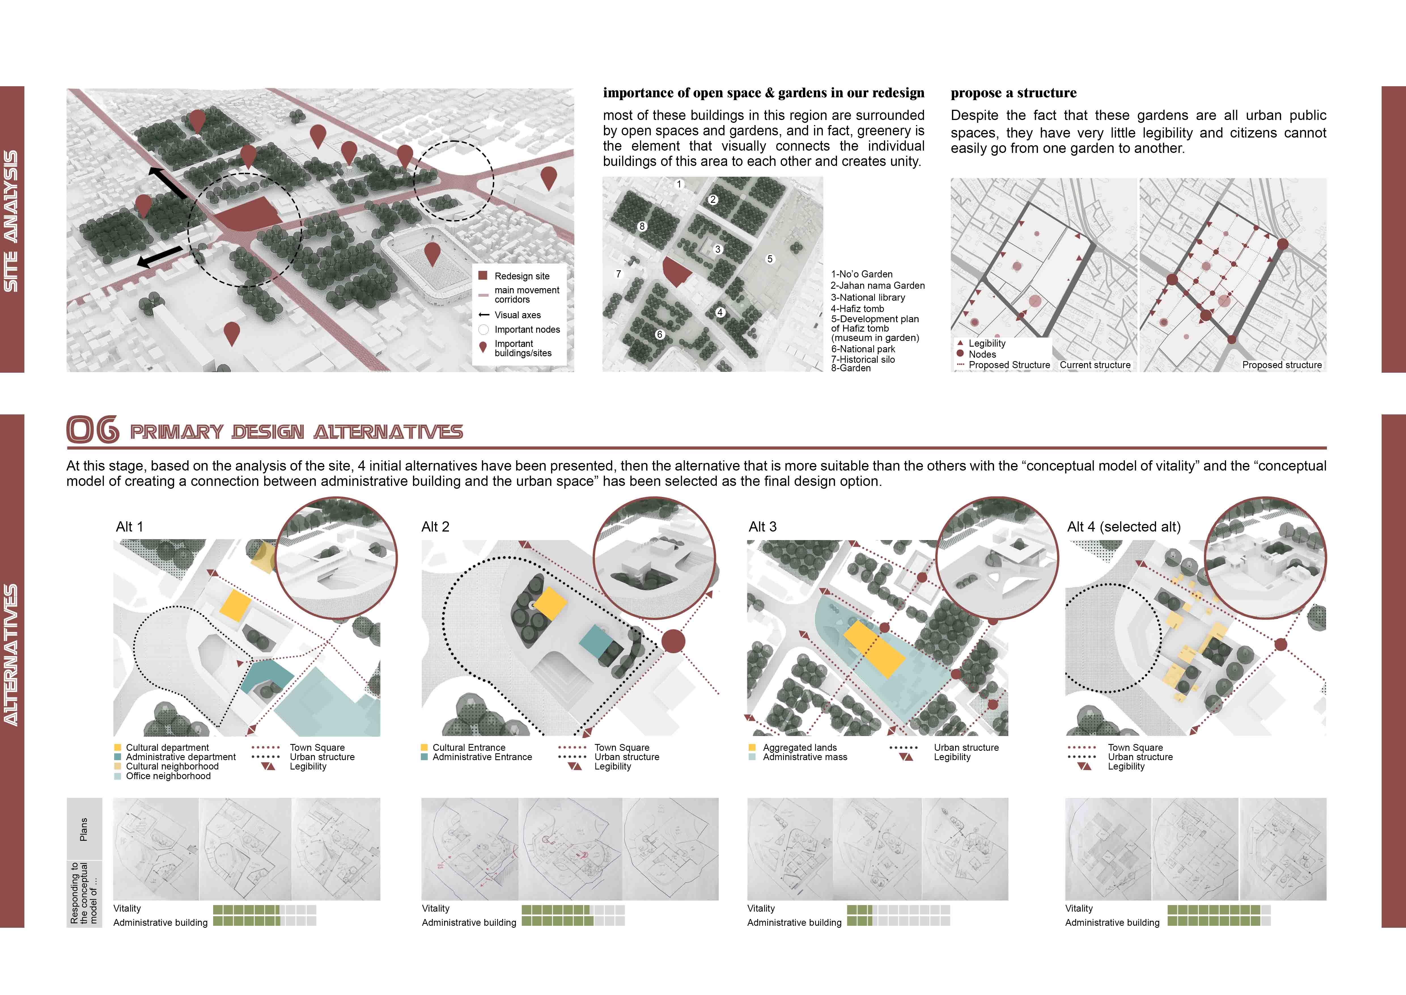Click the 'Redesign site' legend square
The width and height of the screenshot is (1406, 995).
click(483, 276)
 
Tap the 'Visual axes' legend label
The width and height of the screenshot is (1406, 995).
click(518, 315)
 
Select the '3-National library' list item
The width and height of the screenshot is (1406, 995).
click(868, 297)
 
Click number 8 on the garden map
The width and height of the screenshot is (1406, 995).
click(642, 226)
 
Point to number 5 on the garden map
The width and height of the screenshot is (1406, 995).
click(770, 259)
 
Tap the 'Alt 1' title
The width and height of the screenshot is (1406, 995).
click(129, 527)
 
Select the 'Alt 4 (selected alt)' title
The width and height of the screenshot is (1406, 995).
click(1124, 527)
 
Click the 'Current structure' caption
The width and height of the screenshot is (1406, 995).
click(1095, 365)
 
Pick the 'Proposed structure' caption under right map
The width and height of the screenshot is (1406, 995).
click(1282, 365)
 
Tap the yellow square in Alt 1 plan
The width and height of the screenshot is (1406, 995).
click(235, 605)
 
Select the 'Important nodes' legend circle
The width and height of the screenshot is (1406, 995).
click(483, 330)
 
